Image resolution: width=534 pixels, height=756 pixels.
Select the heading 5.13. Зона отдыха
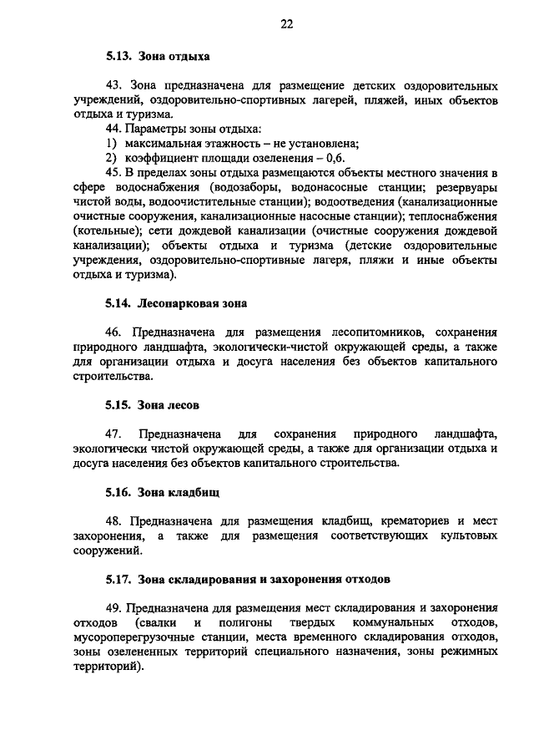pos(158,58)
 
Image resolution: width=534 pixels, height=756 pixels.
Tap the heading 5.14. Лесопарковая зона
pos(177,304)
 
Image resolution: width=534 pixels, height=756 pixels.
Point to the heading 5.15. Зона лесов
pos(153,405)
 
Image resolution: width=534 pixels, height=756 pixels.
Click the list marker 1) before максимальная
pos(111,143)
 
